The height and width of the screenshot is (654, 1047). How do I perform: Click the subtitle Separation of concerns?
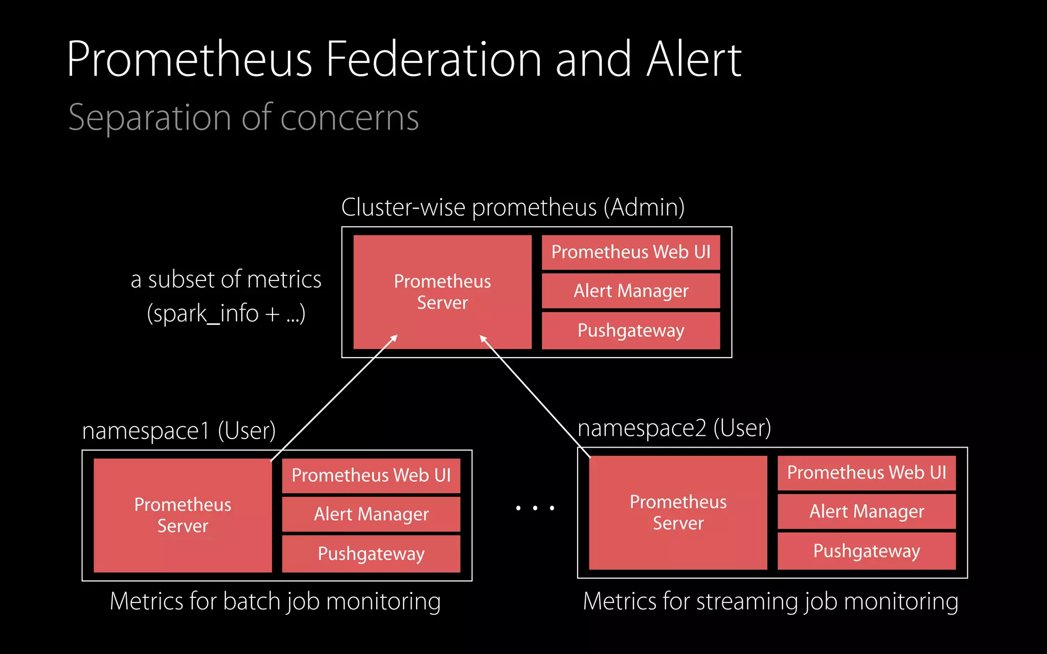click(243, 118)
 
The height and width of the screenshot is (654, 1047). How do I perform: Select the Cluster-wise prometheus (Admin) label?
click(513, 207)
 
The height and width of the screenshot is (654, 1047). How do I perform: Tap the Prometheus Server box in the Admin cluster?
click(442, 292)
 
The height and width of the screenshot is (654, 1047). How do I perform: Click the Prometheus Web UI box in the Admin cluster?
click(631, 252)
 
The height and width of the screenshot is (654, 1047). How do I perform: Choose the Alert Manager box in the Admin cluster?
click(631, 291)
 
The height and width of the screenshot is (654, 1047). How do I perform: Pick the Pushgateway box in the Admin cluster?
click(631, 331)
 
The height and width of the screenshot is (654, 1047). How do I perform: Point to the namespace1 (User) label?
click(179, 431)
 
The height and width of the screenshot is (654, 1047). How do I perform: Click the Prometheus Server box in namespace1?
click(183, 515)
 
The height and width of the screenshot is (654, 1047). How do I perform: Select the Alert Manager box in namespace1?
click(371, 514)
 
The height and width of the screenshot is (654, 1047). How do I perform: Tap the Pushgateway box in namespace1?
click(371, 554)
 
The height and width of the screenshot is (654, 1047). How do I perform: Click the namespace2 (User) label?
click(674, 428)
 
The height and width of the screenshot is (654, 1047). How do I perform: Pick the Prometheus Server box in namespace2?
click(678, 512)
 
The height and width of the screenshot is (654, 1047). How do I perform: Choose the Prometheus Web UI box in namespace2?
click(867, 473)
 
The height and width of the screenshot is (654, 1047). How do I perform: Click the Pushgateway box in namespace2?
click(867, 551)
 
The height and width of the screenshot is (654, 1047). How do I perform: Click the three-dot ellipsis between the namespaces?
click(535, 508)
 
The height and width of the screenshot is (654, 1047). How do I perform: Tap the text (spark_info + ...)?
click(226, 313)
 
